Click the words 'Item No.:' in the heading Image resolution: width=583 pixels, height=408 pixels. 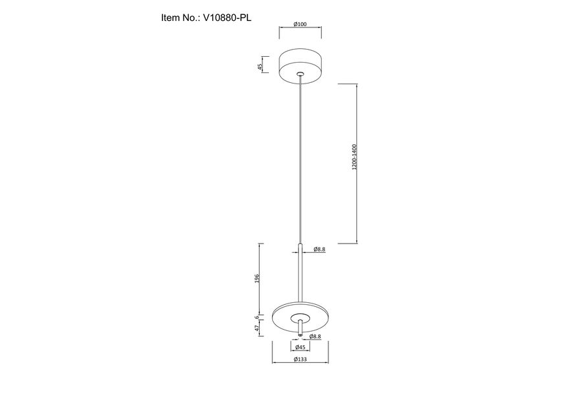[181, 18]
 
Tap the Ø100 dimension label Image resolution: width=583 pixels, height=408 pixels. [300, 25]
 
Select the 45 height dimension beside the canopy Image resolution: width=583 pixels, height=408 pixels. [260, 67]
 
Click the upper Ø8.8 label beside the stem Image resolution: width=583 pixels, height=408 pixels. [319, 249]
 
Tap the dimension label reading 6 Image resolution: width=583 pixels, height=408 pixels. [258, 317]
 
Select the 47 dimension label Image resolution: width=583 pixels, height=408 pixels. [258, 329]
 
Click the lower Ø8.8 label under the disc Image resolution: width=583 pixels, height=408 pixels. [315, 336]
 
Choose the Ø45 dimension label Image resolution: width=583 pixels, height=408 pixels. [300, 348]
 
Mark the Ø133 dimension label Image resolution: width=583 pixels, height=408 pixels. [300, 360]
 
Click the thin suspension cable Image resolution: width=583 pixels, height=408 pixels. [300, 163]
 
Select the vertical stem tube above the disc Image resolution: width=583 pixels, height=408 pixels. [300, 274]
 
